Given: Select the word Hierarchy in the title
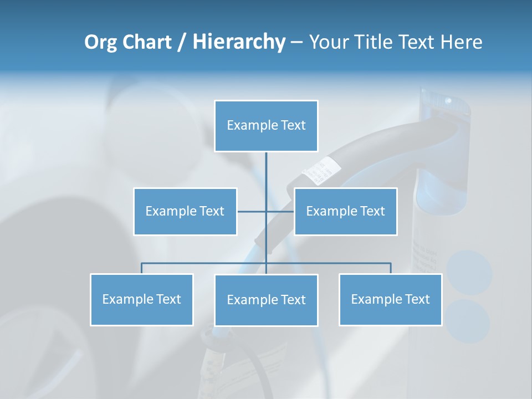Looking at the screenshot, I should click(x=239, y=42).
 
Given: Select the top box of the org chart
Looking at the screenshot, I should click(x=266, y=126).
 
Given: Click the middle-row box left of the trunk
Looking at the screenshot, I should click(x=185, y=211).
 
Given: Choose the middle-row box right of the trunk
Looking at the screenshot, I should click(x=345, y=211).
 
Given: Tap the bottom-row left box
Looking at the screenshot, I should click(x=141, y=299).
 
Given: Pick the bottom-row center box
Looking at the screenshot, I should click(x=266, y=300).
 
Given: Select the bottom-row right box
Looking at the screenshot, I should click(x=390, y=299).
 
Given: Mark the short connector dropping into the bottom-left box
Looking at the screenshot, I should click(x=141, y=268).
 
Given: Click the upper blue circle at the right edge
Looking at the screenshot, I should click(x=469, y=273).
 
